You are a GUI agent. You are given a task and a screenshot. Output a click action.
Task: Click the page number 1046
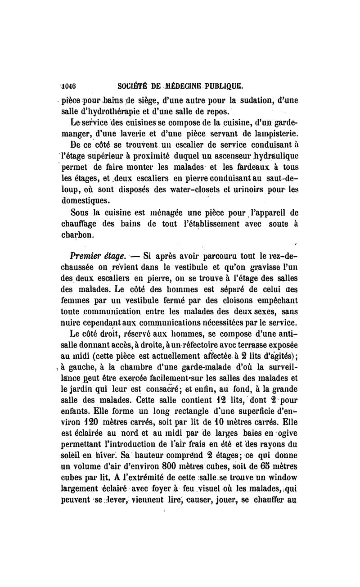pyautogui.click(x=69, y=85)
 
